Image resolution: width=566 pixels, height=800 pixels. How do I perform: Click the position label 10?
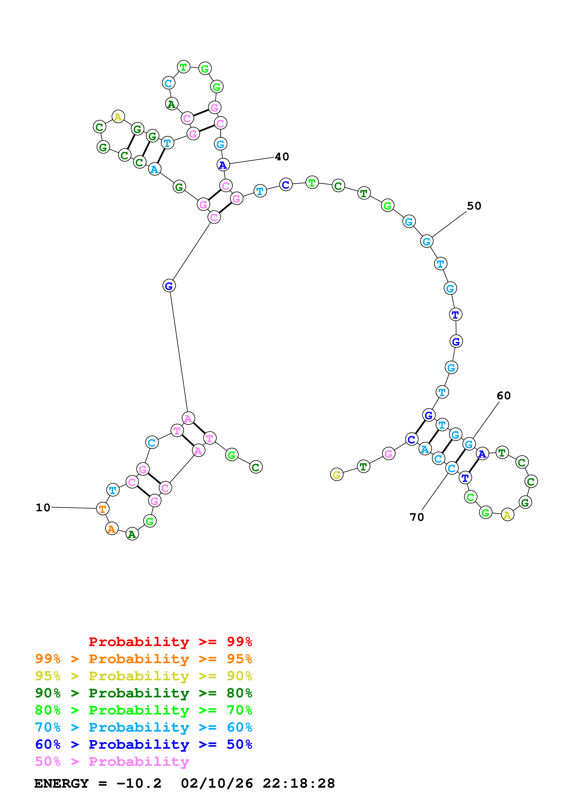click(43, 508)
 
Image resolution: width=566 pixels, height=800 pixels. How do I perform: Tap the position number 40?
click(282, 157)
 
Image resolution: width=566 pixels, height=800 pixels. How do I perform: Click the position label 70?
click(417, 517)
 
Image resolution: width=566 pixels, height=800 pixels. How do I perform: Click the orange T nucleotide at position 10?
click(103, 509)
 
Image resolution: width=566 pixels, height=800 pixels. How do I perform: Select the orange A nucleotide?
click(112, 529)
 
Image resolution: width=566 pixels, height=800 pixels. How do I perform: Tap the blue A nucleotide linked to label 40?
click(223, 165)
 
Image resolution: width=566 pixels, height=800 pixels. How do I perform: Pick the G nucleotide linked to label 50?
click(426, 241)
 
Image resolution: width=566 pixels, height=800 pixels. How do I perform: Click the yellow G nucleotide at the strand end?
click(337, 475)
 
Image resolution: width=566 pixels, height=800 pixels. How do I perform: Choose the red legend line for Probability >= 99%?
click(170, 642)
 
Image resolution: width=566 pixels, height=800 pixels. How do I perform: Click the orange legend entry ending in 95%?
click(144, 659)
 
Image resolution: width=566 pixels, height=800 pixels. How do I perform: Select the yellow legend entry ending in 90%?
click(144, 676)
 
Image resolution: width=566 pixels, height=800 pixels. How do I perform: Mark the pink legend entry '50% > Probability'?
click(112, 761)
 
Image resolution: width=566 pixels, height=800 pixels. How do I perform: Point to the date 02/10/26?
click(217, 783)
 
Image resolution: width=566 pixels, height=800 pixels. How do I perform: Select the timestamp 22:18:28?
click(299, 783)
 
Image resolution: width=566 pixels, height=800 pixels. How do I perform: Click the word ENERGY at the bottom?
click(61, 783)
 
